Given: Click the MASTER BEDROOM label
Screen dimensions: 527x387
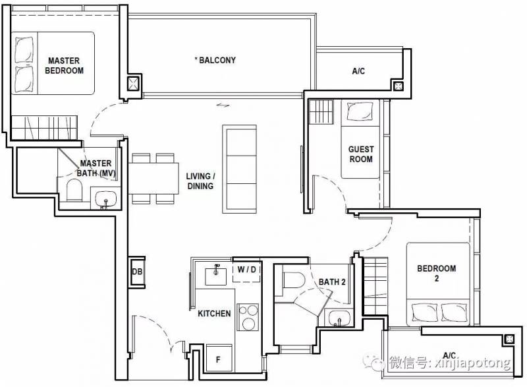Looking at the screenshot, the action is [64, 65].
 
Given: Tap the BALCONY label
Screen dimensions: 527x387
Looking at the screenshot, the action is [215, 60].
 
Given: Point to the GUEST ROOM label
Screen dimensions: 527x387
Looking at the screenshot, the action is [361, 154].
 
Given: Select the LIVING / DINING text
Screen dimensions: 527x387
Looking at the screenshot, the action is [201, 181].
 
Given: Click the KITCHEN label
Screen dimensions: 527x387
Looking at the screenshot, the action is [214, 313].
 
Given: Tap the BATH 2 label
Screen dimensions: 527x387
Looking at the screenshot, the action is [332, 282].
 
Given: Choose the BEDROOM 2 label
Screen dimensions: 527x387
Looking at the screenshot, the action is [437, 273].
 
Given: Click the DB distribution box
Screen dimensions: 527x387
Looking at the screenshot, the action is [137, 272].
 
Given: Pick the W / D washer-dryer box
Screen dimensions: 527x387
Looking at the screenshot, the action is [246, 272].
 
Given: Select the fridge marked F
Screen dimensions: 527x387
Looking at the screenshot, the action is [219, 359].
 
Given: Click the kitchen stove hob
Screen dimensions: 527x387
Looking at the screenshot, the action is [248, 317].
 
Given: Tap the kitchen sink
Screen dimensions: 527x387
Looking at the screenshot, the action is [216, 274].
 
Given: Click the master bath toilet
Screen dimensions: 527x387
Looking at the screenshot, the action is [74, 190].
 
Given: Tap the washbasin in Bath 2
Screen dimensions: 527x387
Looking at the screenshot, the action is [339, 318].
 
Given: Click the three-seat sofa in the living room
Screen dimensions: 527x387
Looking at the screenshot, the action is [239, 169].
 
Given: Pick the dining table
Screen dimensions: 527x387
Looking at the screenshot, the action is [153, 178].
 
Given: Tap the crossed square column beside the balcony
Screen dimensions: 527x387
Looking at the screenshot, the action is [133, 83].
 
